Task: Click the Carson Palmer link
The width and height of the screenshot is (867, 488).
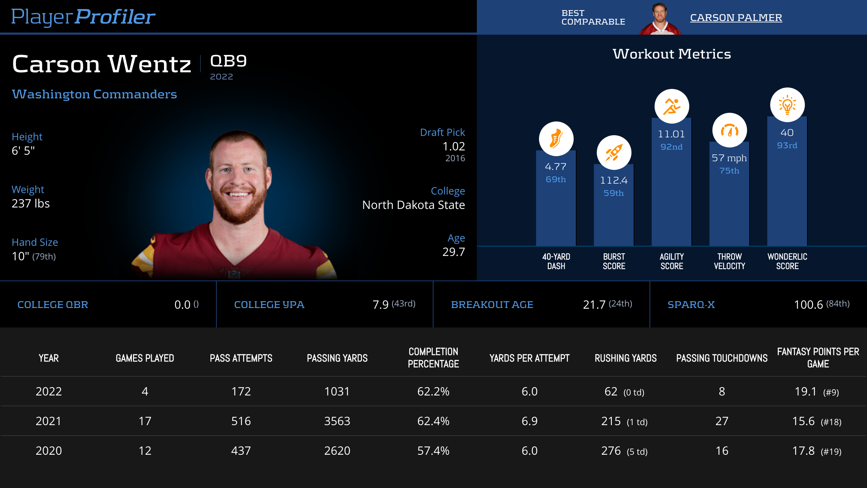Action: pos(736,17)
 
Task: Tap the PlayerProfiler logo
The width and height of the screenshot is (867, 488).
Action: pos(83,17)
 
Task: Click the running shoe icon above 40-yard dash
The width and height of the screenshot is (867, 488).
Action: pos(556,139)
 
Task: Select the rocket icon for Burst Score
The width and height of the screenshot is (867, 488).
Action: pos(614,153)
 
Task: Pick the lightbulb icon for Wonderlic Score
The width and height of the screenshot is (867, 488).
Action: pos(787,105)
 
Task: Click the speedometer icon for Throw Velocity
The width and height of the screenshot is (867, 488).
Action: pos(729,130)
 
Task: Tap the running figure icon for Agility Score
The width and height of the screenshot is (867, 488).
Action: pos(672,106)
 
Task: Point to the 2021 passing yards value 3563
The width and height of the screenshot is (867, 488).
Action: pos(337,421)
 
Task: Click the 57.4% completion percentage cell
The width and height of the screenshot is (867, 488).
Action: pos(433,451)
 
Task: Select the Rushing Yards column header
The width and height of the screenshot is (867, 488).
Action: pos(626,358)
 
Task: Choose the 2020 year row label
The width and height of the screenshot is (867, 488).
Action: pos(49,451)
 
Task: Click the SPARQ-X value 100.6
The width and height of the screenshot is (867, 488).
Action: pos(808,305)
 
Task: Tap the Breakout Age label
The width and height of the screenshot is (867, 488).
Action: pos(492,305)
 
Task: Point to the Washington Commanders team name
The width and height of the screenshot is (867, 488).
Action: pos(94,94)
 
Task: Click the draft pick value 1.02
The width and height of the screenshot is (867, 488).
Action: pos(454,146)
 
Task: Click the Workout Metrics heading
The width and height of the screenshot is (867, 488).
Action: pos(672,54)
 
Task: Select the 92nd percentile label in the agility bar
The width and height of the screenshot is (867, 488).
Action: pos(672,147)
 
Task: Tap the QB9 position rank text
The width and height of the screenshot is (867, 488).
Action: pos(228,61)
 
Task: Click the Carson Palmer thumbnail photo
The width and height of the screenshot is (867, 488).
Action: pos(660,19)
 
